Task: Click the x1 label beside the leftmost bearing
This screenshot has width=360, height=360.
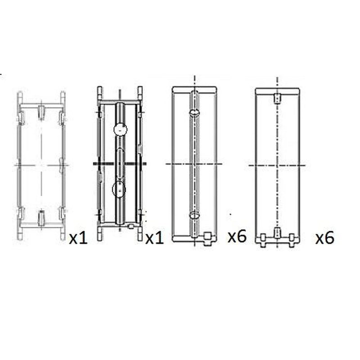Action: click(x=78, y=238)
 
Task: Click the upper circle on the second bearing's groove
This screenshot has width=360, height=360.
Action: click(x=120, y=130)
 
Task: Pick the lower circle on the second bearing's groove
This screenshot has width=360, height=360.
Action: click(x=119, y=189)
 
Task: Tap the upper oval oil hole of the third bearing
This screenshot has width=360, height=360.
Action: click(x=194, y=112)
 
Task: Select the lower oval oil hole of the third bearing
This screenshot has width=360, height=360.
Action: click(x=194, y=216)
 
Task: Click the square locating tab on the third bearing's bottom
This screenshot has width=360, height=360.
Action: click(x=207, y=238)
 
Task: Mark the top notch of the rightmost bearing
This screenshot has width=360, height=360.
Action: click(x=277, y=98)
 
